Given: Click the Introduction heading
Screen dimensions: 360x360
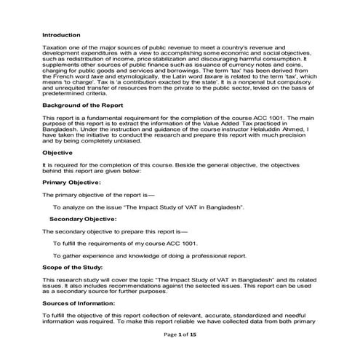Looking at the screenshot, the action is (61, 34).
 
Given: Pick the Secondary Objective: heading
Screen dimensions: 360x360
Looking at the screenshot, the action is (86, 218).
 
